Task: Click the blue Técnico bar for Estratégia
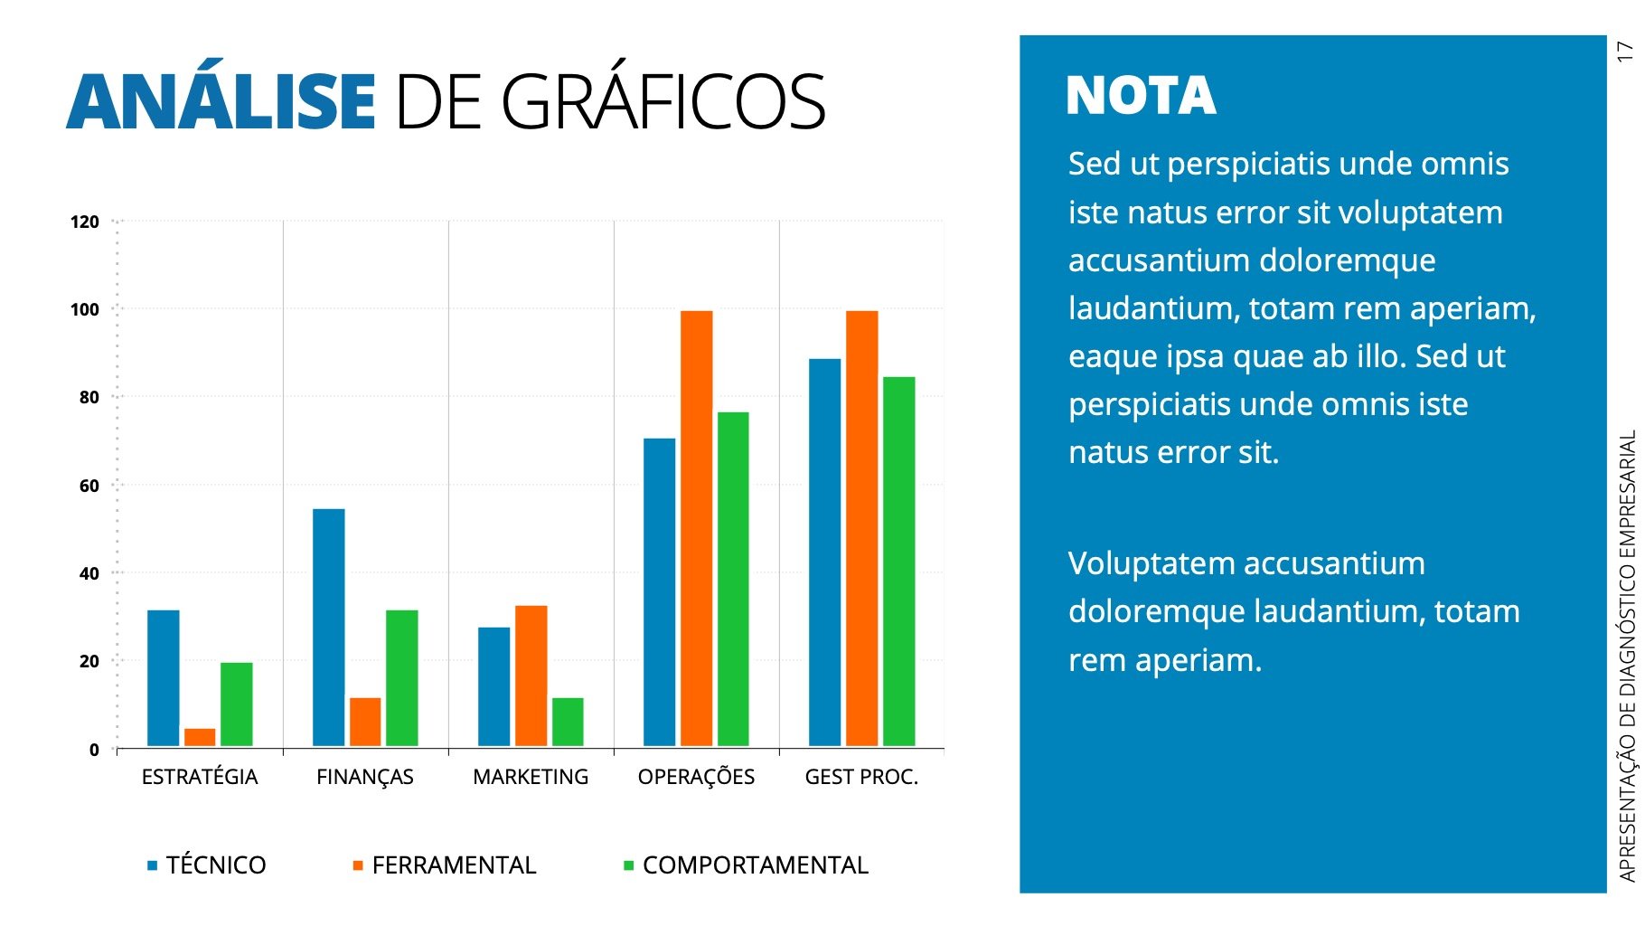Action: pos(163,677)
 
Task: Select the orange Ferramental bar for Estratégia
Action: pos(200,737)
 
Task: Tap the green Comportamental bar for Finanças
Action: pos(401,677)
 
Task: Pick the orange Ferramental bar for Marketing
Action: pos(531,676)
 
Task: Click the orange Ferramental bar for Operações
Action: pos(696,528)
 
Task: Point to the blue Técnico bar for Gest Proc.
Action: pos(824,552)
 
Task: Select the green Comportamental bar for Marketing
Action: pos(568,722)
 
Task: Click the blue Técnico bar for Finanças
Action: pos(328,627)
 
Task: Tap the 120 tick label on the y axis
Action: pos(85,222)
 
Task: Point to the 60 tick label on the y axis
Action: pos(89,486)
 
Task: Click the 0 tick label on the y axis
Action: pos(94,750)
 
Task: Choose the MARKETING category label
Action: pos(531,777)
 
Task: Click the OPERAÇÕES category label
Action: pos(696,777)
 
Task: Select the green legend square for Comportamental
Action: pos(628,866)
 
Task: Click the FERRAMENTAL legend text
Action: pos(454,865)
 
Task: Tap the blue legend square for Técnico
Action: pos(152,866)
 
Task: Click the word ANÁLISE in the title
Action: pos(221,101)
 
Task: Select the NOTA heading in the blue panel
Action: pos(1141,96)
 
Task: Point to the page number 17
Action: pos(1625,51)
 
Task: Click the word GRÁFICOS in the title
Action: pos(663,101)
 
